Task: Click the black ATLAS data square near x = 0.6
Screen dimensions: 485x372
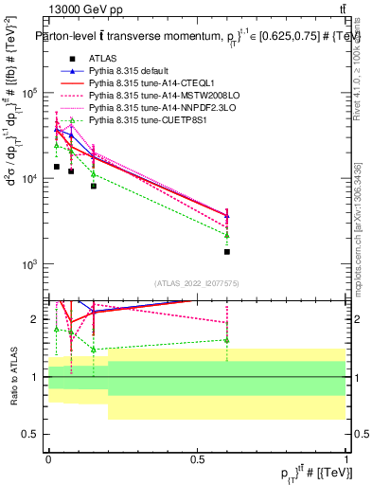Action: pyautogui.click(x=227, y=252)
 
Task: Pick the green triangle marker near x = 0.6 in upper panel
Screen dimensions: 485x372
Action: pyautogui.click(x=227, y=235)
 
